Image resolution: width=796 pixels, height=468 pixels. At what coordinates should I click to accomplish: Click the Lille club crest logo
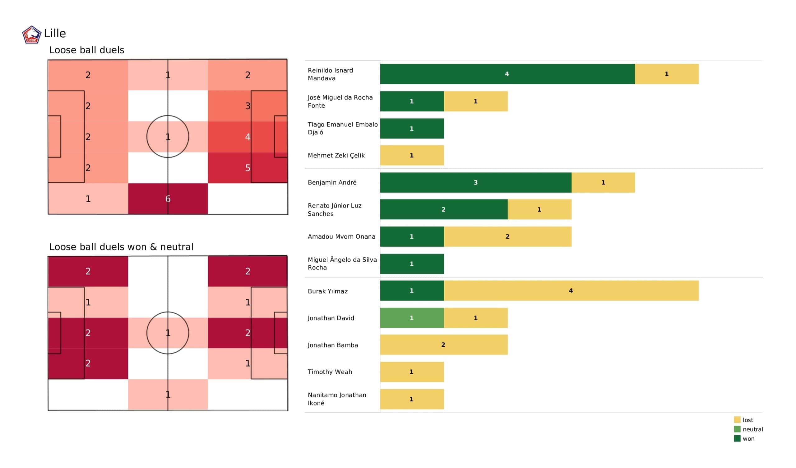[x=32, y=35]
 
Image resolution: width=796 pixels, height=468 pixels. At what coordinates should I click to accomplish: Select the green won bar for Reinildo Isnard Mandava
[x=507, y=74]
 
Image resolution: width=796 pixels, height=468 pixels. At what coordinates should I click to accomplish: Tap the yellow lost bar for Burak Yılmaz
[x=571, y=291]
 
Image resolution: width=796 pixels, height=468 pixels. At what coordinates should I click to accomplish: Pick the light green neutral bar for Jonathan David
[x=412, y=318]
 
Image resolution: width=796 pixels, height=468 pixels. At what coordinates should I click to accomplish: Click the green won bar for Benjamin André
[x=476, y=182]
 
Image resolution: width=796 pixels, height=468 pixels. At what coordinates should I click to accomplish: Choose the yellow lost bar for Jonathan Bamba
[x=444, y=345]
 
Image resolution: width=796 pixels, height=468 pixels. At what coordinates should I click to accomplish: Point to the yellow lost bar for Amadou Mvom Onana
[x=508, y=236]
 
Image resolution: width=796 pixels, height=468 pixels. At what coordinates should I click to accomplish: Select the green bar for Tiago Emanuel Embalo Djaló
[x=412, y=129]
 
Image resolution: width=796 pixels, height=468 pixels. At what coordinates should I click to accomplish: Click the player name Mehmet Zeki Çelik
[x=336, y=155]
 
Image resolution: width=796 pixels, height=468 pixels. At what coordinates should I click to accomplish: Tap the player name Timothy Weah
[x=330, y=372]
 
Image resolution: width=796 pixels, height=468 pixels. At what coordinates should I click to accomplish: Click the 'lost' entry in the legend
[x=748, y=420]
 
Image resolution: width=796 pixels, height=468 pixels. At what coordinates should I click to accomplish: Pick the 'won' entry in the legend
[x=748, y=438]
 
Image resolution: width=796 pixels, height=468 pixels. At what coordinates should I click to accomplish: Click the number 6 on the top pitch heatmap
[x=168, y=199]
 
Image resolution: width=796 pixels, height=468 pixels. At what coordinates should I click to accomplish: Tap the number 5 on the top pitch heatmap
[x=248, y=168]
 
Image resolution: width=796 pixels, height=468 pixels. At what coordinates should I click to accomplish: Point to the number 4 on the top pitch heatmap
[x=248, y=137]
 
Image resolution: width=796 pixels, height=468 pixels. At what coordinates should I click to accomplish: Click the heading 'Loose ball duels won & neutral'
[x=121, y=247]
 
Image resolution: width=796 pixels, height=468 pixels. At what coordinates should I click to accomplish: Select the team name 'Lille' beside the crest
[x=55, y=34]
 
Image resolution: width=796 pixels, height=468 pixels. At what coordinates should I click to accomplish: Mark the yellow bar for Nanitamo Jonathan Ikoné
[x=412, y=399]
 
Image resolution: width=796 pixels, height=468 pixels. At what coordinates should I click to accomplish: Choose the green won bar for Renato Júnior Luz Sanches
[x=444, y=209]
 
